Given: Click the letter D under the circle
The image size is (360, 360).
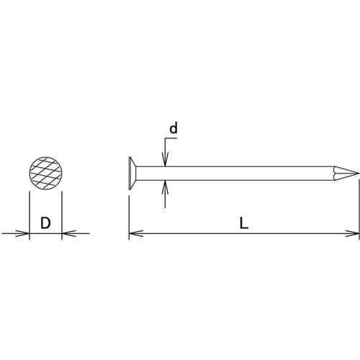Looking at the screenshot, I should [45, 222].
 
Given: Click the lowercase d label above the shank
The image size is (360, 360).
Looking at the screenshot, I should [173, 129].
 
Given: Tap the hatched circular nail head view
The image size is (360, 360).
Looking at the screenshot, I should [45, 174].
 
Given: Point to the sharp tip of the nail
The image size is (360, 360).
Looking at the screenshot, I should [358, 173].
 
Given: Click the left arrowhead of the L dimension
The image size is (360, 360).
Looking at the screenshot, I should [134, 233].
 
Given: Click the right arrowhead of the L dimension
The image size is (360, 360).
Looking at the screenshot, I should [354, 233].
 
